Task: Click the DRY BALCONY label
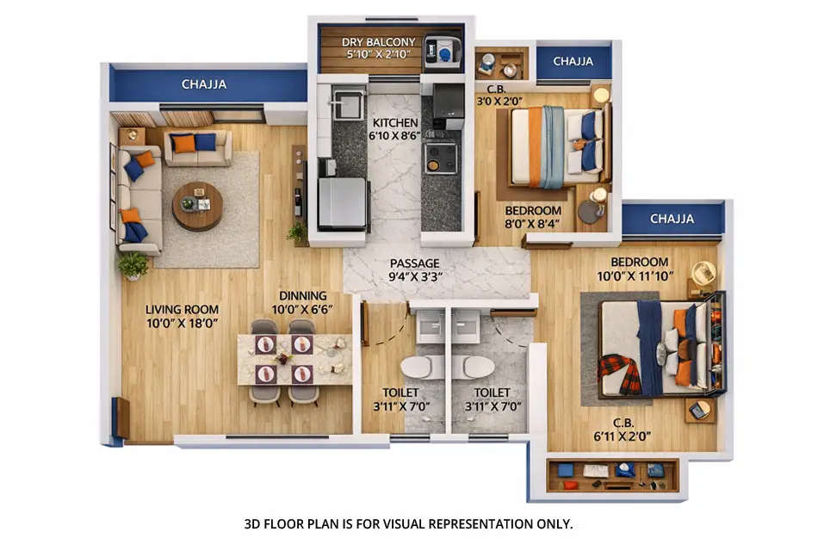378,41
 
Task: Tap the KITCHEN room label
395,123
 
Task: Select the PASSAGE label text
414,263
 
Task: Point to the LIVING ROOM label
182,309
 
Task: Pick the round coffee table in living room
197,207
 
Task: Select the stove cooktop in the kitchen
440,158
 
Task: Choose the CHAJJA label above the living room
204,84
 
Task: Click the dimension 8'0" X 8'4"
533,224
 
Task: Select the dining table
293,360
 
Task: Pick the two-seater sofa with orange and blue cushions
196,146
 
